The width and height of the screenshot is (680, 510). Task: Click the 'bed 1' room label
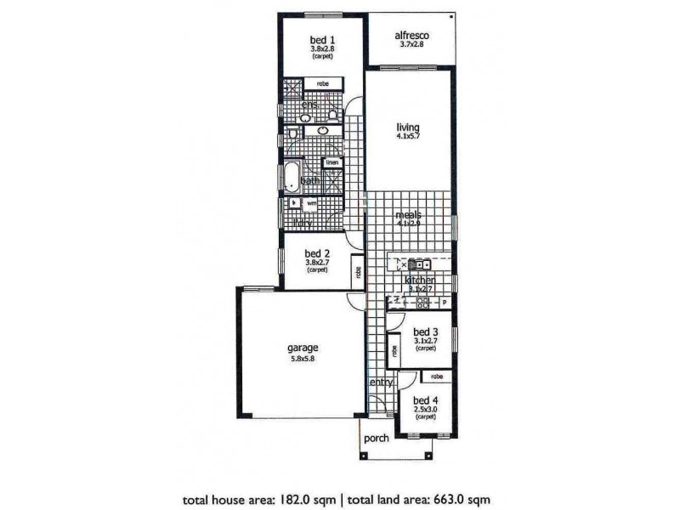tap(322, 39)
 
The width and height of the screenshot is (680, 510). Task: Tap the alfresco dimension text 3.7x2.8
tap(412, 45)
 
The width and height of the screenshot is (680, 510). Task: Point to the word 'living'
tap(408, 128)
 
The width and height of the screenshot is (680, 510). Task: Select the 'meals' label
tap(409, 216)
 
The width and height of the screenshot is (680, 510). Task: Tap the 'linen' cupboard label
tap(331, 162)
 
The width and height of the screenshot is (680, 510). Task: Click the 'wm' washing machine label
tap(311, 204)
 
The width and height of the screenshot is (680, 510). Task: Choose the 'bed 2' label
tap(316, 253)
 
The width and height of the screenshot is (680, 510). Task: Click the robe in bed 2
tap(359, 273)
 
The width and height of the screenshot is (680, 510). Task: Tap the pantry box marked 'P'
tap(444, 302)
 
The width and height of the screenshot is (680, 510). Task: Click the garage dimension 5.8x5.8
tap(302, 359)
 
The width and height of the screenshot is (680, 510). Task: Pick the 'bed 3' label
tap(425, 331)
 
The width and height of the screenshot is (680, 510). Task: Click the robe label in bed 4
tap(436, 377)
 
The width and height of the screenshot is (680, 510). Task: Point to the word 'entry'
tap(380, 382)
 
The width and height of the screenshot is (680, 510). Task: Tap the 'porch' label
tap(375, 439)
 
